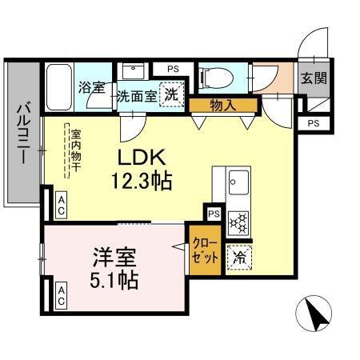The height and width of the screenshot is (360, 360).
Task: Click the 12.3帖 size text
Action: tap(143, 180)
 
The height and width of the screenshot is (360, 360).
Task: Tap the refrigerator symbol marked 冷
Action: tap(238, 258)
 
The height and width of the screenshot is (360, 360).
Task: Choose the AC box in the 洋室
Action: tap(62, 302)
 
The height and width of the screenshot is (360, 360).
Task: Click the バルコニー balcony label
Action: tap(24, 132)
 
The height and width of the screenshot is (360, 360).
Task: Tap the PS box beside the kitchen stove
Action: tap(214, 214)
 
